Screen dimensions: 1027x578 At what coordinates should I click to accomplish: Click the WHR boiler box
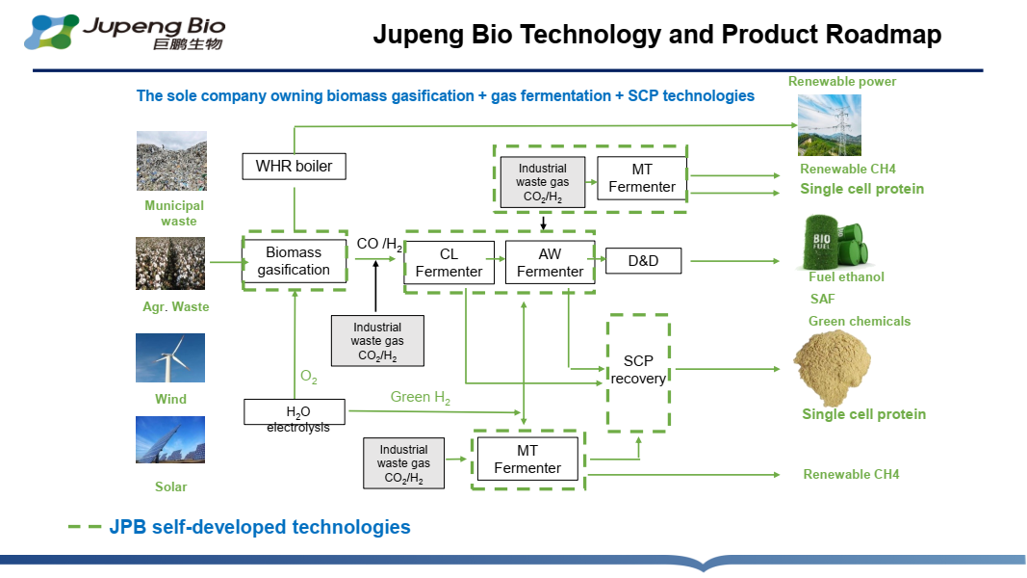tap(295, 167)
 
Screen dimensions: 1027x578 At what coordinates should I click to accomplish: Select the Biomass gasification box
tap(295, 261)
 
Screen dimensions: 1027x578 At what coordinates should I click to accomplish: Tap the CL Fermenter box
tap(449, 263)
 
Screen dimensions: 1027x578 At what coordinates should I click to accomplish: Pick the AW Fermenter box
tap(551, 263)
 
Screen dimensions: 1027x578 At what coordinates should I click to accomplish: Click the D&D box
tap(643, 261)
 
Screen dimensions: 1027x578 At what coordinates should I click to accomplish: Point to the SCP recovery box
tap(638, 370)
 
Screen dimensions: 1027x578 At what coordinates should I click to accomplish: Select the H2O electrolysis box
tap(295, 412)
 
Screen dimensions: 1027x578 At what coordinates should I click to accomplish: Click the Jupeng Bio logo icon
tap(51, 32)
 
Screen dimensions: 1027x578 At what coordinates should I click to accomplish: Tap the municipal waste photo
tap(171, 161)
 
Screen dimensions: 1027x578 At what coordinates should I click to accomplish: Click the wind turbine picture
tap(170, 357)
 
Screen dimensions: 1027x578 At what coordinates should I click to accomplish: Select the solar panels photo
tap(170, 439)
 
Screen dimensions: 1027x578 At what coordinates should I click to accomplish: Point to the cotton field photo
tap(170, 263)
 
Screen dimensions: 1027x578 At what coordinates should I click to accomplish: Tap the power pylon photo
tap(829, 125)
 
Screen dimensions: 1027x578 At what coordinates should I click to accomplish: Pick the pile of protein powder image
tap(832, 368)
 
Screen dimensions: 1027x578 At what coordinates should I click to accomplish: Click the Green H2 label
tap(421, 397)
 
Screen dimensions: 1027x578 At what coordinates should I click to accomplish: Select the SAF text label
tap(823, 299)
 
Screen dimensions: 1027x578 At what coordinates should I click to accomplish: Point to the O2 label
tap(309, 377)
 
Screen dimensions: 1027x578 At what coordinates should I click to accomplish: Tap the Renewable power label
tap(842, 81)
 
